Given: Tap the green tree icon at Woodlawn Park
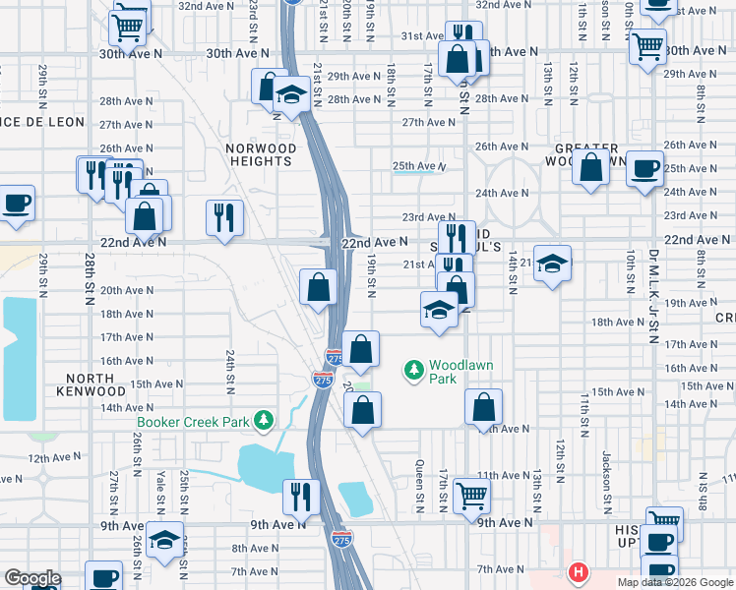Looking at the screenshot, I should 414,370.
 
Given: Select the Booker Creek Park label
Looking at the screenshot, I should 194,422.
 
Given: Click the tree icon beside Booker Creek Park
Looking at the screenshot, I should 263,421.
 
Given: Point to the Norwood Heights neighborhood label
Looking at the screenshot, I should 261,154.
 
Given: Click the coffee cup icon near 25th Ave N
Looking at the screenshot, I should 644,168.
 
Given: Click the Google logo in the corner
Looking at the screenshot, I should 32,579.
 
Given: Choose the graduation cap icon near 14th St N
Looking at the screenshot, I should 553,263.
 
